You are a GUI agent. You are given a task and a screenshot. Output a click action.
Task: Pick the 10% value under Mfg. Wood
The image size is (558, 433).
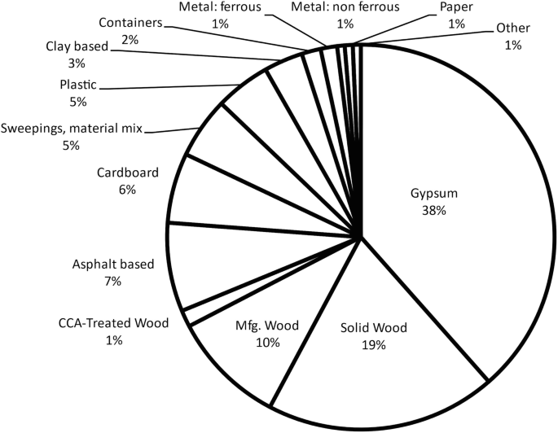[268, 343]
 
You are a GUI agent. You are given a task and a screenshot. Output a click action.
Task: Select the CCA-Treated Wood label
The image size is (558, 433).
[112, 324]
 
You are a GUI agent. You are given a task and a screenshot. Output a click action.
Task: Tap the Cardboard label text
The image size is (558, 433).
[126, 173]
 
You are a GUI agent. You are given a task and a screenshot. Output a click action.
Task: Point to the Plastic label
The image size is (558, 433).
[78, 85]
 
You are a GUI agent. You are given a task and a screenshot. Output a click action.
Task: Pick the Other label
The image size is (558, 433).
[513, 28]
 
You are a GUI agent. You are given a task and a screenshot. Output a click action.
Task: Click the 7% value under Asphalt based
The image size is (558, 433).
[112, 281]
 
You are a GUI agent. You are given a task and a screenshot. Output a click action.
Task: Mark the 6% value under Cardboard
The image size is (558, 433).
[126, 189]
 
